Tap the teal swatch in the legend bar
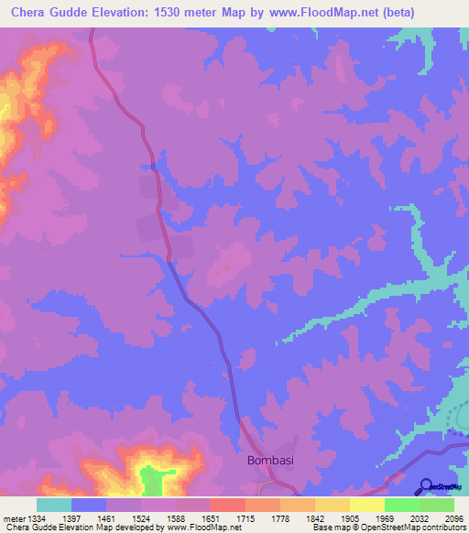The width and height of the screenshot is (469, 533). tap(53, 505)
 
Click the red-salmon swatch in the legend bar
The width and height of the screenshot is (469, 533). tap(227, 505)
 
